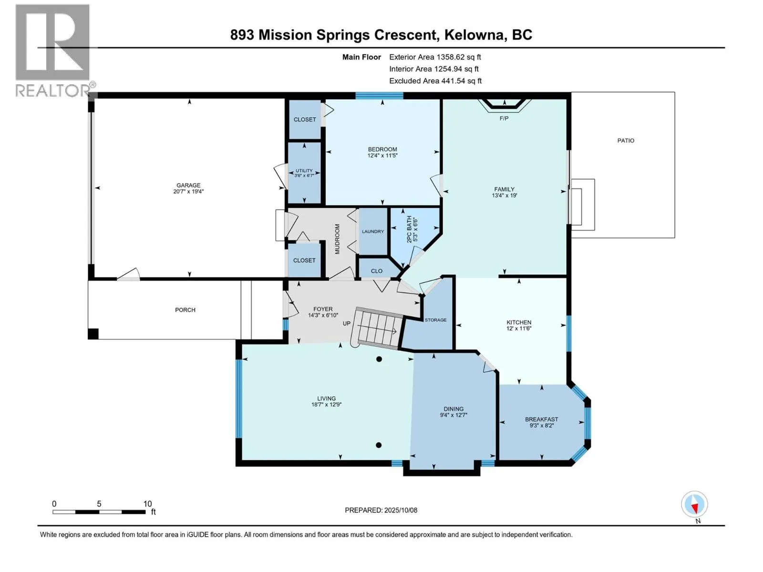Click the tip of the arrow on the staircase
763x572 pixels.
click(397, 331)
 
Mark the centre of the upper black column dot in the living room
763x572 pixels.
click(379, 359)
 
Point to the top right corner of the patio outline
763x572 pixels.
click(675, 92)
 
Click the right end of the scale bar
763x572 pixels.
click(145, 512)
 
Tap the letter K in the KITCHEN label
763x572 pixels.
click(508, 322)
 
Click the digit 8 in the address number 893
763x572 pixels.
click(234, 35)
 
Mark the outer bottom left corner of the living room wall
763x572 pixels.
click(236, 466)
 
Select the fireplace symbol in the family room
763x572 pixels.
click(505, 105)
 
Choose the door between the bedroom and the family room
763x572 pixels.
click(436, 186)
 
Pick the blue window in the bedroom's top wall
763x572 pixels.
click(379, 96)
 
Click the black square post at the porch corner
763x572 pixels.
click(93, 334)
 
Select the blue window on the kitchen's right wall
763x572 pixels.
click(569, 333)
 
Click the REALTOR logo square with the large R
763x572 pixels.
click(52, 42)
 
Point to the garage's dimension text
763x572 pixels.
click(188, 191)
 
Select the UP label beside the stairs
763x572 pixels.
click(347, 323)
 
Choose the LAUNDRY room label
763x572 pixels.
click(373, 231)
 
